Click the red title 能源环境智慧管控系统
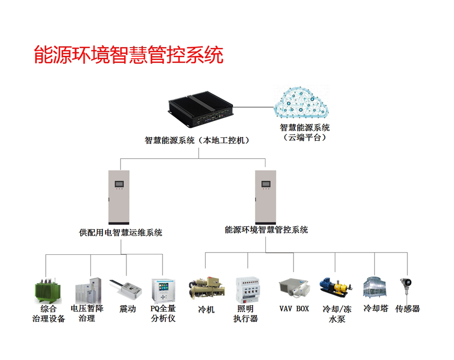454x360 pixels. tap(129, 54)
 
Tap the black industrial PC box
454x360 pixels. tap(201, 109)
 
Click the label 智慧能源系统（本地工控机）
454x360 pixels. tap(197, 141)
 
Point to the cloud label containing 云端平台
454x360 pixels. tap(304, 132)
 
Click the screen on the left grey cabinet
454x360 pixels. tap(119, 184)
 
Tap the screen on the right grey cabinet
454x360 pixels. tap(266, 184)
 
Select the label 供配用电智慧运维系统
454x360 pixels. tap(121, 232)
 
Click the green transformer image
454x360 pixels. tap(48, 291)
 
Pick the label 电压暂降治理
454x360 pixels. tap(87, 314)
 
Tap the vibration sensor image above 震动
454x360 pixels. tap(126, 290)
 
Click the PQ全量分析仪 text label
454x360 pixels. tap(163, 314)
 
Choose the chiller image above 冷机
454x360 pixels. tap(207, 288)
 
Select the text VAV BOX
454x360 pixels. tap(294, 309)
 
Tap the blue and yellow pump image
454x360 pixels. tap(336, 287)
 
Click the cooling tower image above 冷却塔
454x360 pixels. tap(375, 287)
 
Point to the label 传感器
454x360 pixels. tap(408, 309)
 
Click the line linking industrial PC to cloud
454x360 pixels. tap(254, 107)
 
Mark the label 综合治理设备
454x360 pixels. tap(48, 314)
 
